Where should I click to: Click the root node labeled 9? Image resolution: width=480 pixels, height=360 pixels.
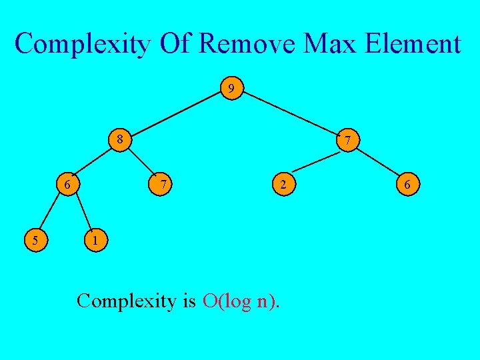[x=231, y=88]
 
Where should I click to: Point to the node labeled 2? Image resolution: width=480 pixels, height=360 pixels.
[x=283, y=183]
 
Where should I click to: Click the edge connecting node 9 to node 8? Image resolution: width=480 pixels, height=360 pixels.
[x=175, y=114]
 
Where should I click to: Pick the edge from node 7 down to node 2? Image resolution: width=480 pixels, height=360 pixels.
[x=316, y=161]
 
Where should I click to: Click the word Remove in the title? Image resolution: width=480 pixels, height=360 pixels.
[x=249, y=45]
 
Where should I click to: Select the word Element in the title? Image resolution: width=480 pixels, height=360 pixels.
[x=412, y=45]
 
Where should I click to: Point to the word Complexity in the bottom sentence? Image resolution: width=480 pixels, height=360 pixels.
[x=126, y=301]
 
